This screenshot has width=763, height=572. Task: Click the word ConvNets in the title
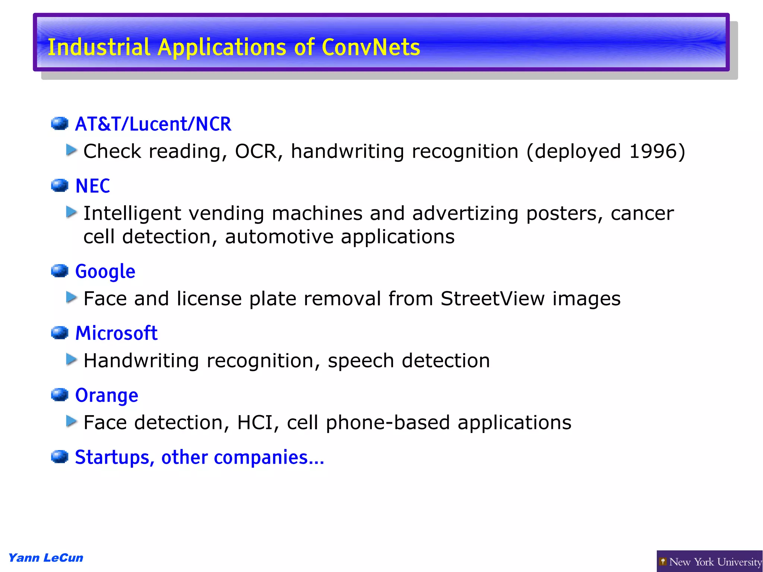pos(371,47)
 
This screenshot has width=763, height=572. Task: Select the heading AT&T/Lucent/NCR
pos(153,124)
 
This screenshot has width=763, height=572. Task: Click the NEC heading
pos(93,186)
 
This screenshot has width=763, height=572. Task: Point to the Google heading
pos(105,271)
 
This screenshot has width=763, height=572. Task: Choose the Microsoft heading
pos(116,333)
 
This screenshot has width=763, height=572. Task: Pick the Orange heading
pos(107,395)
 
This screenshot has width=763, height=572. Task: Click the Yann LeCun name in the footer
pos(46,558)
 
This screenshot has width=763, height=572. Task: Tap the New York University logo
pos(710,562)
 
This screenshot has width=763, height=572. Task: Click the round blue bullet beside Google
pos(60,271)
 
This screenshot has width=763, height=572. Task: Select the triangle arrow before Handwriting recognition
pos(71,359)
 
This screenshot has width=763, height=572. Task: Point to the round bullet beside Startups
pos(60,456)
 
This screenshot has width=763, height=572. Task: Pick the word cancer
pos(642,214)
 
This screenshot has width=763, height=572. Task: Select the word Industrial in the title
pos(99,47)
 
